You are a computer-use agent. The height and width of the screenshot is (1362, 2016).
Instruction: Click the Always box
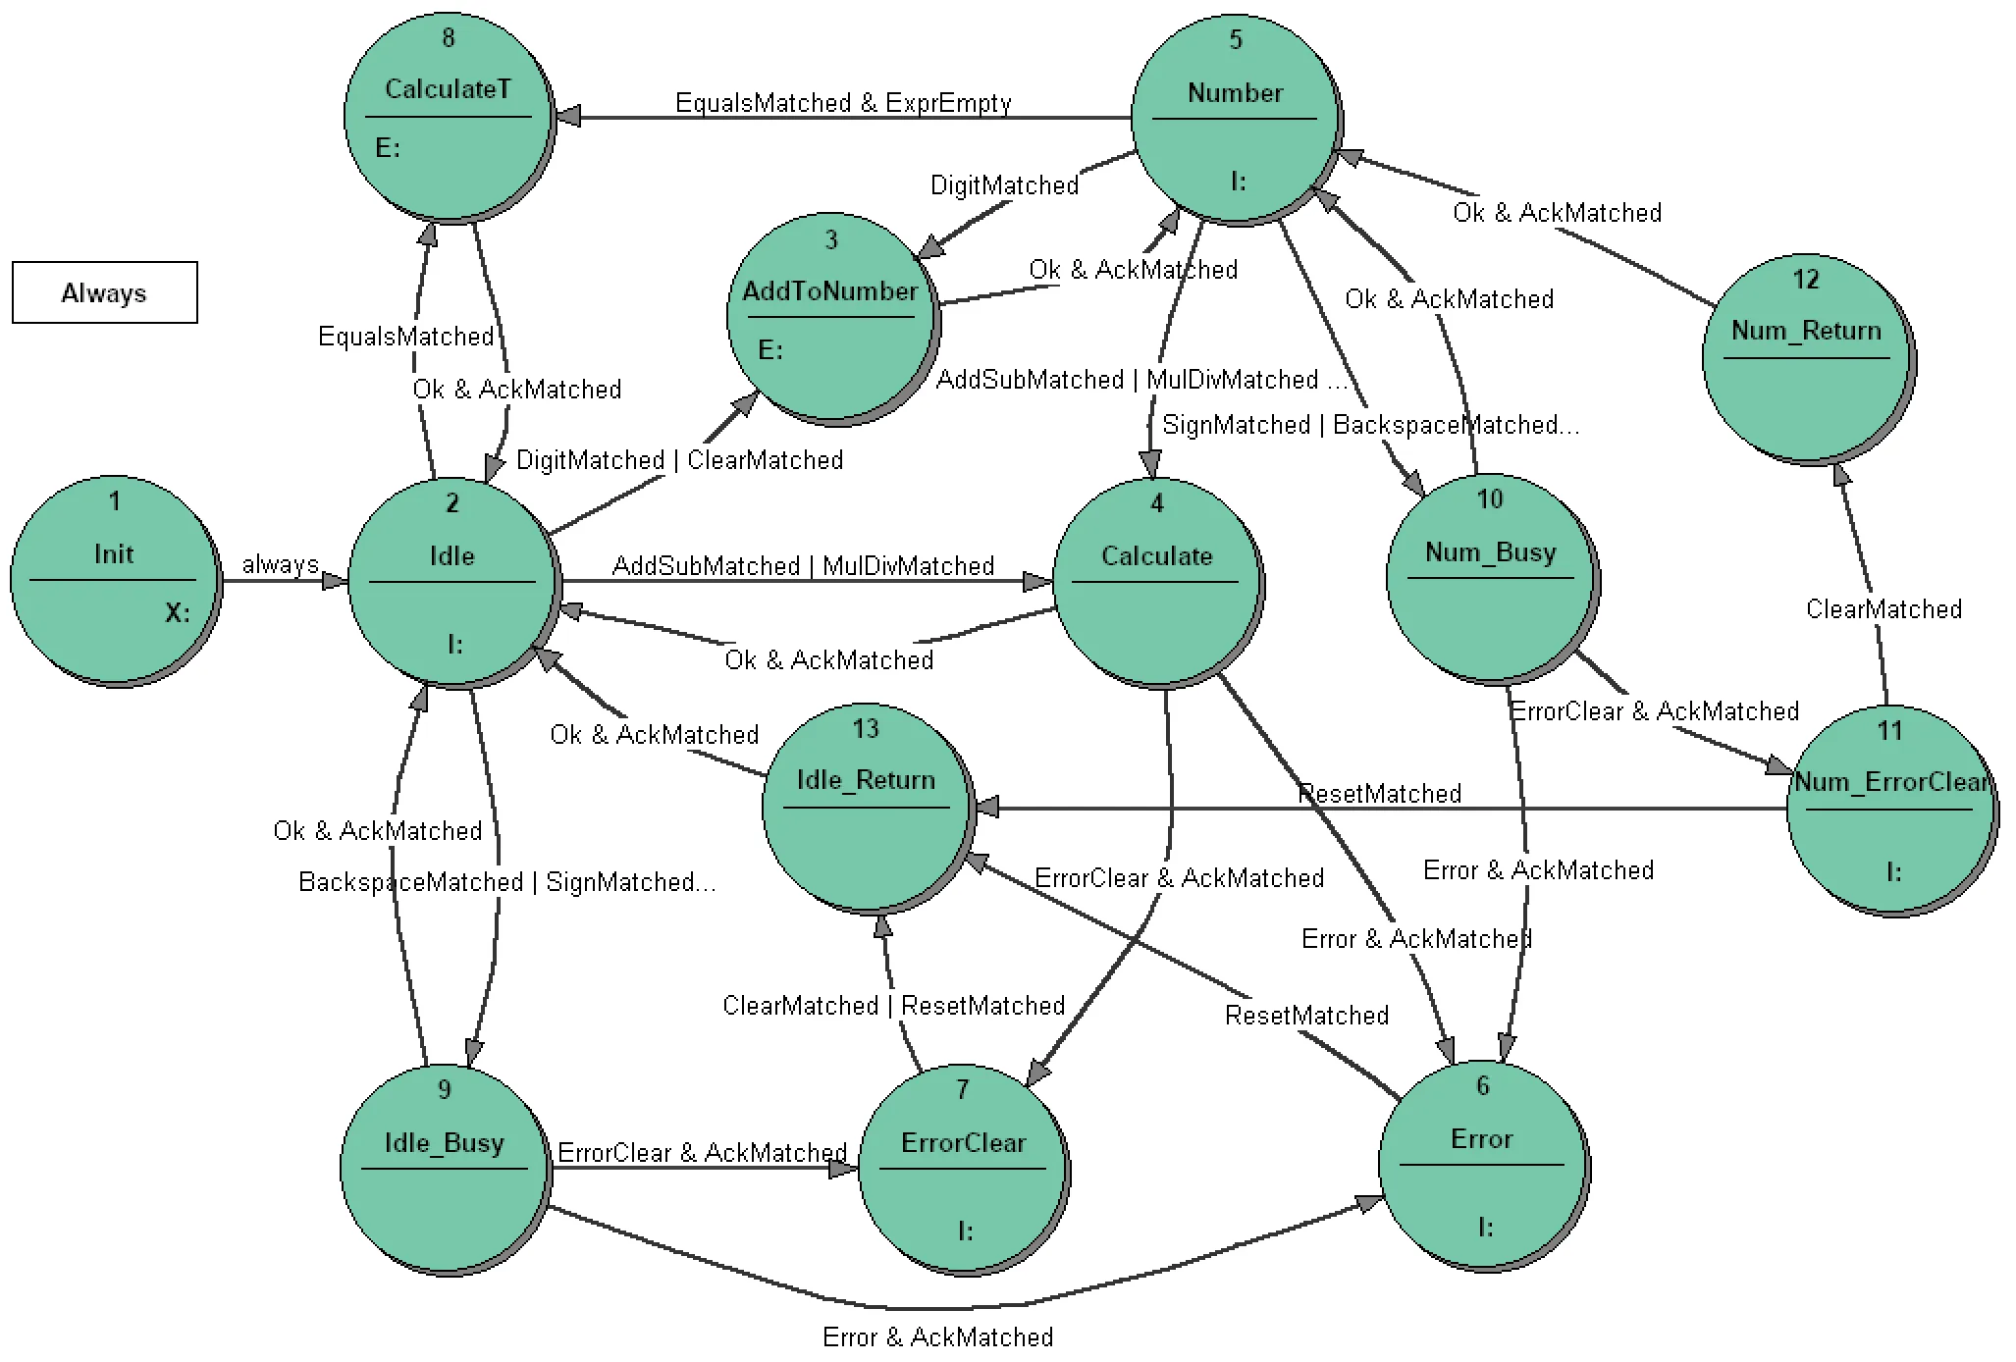(x=105, y=292)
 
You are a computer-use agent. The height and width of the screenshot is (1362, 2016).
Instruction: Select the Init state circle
(x=116, y=582)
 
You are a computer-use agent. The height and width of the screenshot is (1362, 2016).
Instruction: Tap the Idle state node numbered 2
(x=454, y=584)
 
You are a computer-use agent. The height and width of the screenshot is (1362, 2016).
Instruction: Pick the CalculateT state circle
(x=450, y=118)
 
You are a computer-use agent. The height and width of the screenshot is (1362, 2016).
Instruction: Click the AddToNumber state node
(x=833, y=320)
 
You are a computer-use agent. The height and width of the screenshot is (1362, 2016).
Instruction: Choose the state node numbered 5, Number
(x=1238, y=120)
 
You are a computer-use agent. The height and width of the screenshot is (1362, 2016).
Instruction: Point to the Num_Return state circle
(x=1809, y=359)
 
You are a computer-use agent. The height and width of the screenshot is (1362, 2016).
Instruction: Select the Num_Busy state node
(x=1493, y=579)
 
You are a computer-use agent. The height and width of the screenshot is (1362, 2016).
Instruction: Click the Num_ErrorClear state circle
(x=1892, y=811)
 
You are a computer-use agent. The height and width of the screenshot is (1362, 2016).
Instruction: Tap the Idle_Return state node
(x=869, y=809)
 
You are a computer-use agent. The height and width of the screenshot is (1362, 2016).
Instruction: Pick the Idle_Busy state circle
(x=447, y=1170)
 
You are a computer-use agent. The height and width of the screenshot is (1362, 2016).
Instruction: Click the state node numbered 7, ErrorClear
(x=965, y=1170)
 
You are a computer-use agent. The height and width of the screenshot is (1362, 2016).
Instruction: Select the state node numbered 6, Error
(x=1484, y=1166)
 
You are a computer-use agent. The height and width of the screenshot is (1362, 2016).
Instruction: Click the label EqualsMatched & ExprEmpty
(x=843, y=103)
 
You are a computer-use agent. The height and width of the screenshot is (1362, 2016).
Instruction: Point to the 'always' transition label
(x=281, y=564)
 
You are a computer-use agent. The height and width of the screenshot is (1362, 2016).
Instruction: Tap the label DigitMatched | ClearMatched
(x=680, y=460)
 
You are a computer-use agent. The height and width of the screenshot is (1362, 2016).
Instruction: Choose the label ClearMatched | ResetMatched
(x=894, y=1006)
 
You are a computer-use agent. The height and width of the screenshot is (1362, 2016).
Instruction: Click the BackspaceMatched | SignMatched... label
(x=507, y=882)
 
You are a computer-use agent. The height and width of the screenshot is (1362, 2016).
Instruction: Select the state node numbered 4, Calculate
(x=1159, y=584)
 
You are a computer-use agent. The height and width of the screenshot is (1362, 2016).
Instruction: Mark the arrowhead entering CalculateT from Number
(x=568, y=117)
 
